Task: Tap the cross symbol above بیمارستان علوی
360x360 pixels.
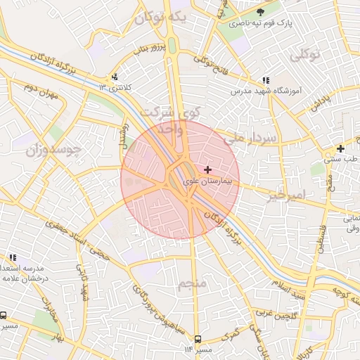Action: (207, 169)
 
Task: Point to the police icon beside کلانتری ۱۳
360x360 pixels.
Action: (115, 77)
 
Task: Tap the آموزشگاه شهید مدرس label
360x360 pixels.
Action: (265, 91)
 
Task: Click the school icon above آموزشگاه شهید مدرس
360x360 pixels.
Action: (265, 81)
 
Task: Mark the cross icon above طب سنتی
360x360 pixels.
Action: (340, 148)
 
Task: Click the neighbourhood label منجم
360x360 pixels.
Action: (192, 284)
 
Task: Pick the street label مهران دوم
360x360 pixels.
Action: (39, 89)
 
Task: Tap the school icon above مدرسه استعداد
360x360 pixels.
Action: (12, 258)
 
